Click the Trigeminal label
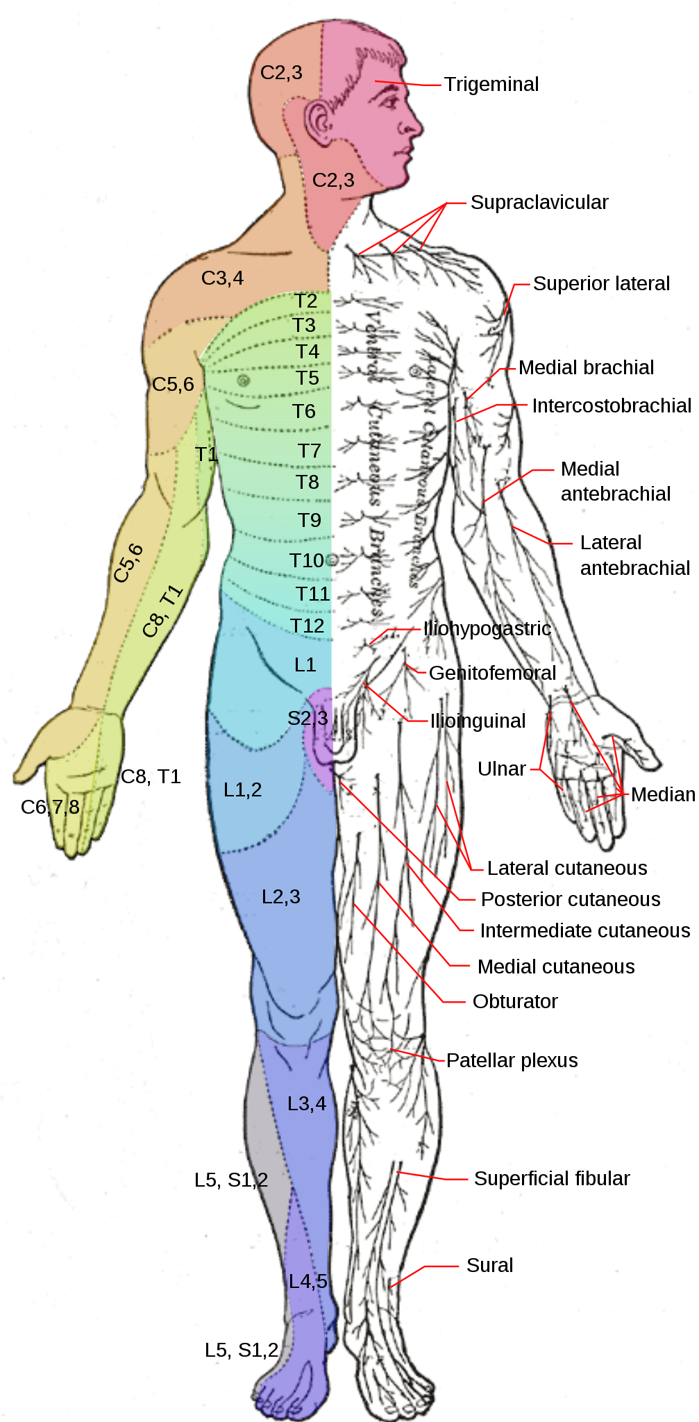(491, 84)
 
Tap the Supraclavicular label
(539, 202)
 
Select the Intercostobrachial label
(612, 405)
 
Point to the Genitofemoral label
(492, 673)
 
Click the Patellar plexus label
(512, 1060)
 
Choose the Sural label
(489, 1265)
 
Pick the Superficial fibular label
(552, 1178)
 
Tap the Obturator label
(515, 1001)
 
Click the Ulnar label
(501, 769)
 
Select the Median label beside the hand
(663, 794)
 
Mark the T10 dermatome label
(307, 560)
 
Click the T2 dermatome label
(305, 301)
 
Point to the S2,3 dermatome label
(308, 718)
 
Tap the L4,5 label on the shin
(308, 1281)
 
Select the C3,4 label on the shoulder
(222, 278)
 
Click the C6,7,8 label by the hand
(50, 807)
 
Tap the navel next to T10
(332, 559)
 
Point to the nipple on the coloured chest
(243, 380)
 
